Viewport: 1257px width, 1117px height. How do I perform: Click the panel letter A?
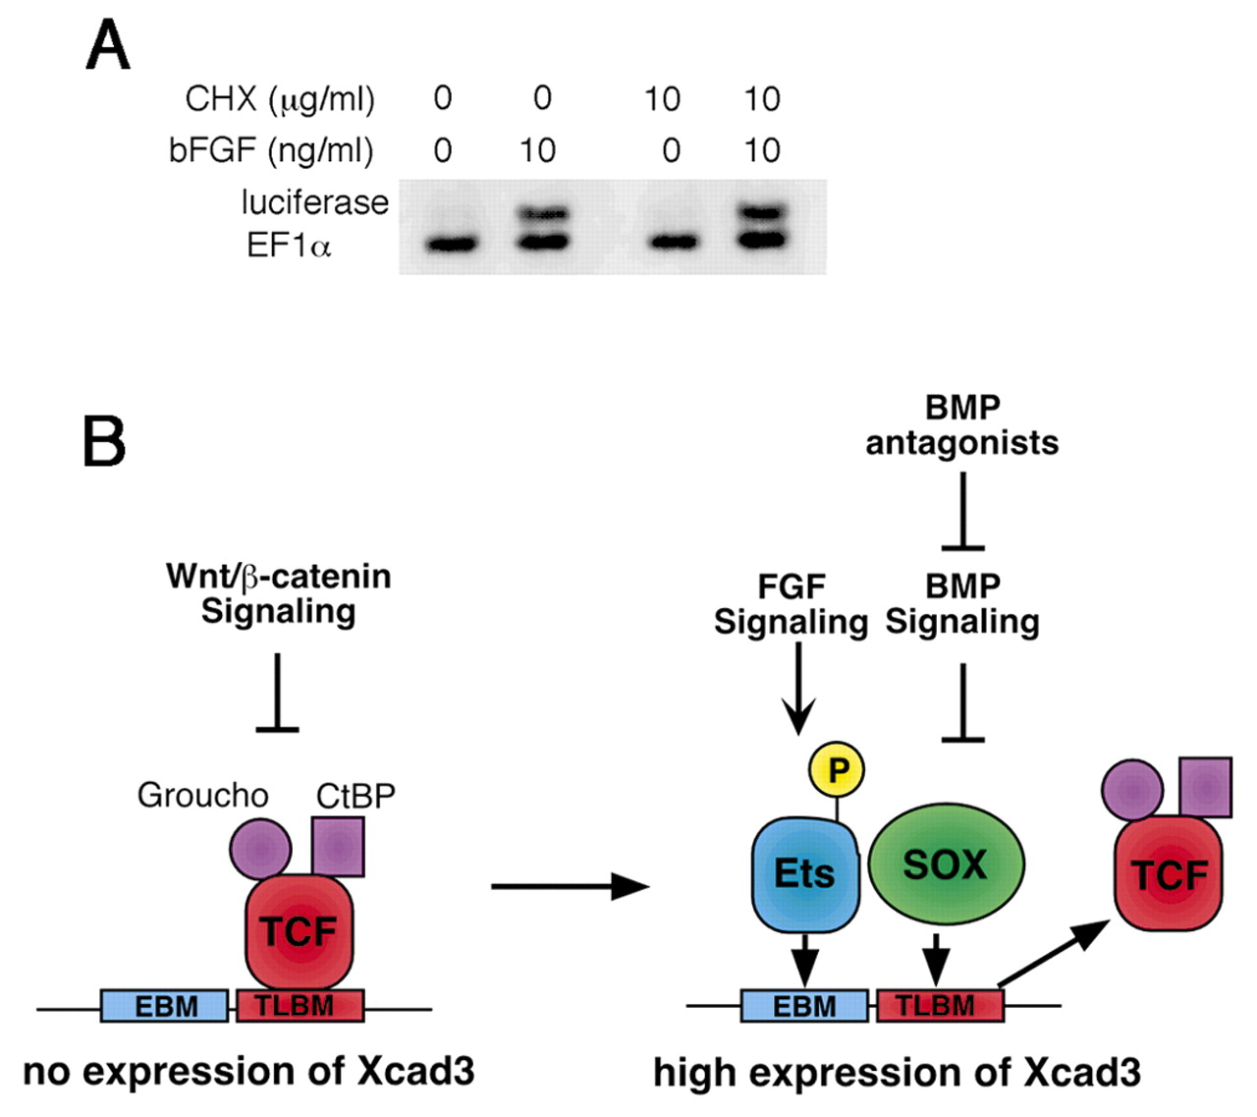pyautogui.click(x=108, y=46)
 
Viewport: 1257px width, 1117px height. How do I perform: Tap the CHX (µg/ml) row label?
pyautogui.click(x=280, y=99)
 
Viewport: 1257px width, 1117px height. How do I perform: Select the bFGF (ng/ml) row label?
pyautogui.click(x=271, y=150)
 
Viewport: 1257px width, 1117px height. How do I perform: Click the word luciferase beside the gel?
pyautogui.click(x=314, y=202)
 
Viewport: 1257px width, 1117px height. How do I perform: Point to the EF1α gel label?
pyautogui.click(x=289, y=245)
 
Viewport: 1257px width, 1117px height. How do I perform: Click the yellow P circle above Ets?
pyautogui.click(x=837, y=770)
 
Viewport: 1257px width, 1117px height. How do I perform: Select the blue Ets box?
pyautogui.click(x=805, y=872)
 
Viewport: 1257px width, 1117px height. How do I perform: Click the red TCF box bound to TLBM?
pyautogui.click(x=299, y=930)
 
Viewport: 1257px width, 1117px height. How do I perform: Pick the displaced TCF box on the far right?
pyautogui.click(x=1169, y=872)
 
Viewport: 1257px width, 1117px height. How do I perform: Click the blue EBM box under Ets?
pyautogui.click(x=804, y=1006)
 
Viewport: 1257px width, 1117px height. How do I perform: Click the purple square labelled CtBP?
pyautogui.click(x=338, y=846)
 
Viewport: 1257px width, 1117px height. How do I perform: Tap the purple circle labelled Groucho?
pyautogui.click(x=260, y=849)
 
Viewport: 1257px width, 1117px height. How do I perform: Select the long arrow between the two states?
pyautogui.click(x=570, y=886)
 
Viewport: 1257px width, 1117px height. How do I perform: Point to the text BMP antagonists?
pyautogui.click(x=962, y=425)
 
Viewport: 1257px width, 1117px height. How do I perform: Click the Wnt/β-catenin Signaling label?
pyautogui.click(x=279, y=592)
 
